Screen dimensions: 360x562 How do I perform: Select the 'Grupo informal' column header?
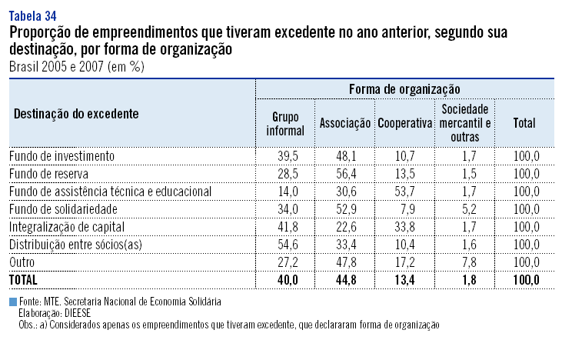(x=285, y=123)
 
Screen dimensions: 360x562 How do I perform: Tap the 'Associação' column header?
(x=344, y=123)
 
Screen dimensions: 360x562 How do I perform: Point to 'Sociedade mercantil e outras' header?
(x=466, y=123)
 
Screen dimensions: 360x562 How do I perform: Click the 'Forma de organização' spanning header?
(x=404, y=90)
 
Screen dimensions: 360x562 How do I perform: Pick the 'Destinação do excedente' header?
(x=75, y=113)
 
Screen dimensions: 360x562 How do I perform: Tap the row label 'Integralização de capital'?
(x=66, y=226)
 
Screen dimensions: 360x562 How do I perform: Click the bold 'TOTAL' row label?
(x=25, y=279)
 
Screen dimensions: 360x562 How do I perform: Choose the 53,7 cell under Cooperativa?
(x=404, y=191)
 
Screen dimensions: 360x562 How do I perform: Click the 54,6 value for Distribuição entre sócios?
(x=285, y=244)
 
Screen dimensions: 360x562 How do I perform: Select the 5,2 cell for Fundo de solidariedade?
(x=466, y=208)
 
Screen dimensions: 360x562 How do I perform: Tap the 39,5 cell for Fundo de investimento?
(x=285, y=155)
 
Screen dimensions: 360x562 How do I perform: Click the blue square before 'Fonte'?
(x=12, y=302)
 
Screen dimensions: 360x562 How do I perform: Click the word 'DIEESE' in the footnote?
(x=78, y=314)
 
